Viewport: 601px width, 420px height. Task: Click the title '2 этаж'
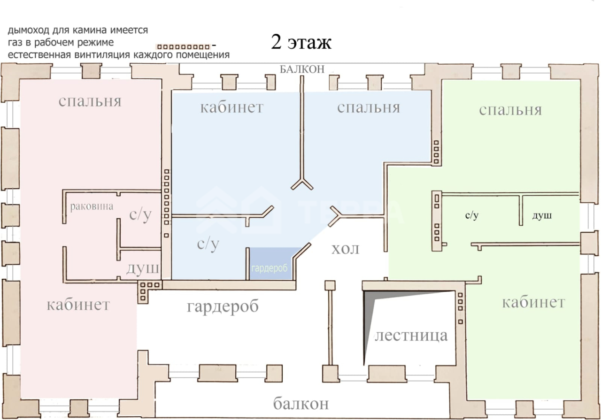301,42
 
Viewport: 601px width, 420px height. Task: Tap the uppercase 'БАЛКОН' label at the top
302,69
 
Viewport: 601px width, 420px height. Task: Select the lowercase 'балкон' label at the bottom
301,404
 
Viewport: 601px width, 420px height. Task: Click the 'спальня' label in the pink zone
90,101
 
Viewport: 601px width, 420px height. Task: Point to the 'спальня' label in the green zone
510,110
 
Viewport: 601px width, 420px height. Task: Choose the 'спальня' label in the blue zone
369,107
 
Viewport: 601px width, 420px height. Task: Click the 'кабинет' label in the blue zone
232,107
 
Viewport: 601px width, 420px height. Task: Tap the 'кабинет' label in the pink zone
78,305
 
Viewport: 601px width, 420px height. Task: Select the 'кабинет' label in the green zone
534,302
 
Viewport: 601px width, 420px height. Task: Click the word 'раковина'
92,206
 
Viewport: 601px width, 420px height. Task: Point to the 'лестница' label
411,335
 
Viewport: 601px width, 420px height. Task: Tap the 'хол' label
345,249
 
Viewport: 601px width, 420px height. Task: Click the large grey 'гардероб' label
223,306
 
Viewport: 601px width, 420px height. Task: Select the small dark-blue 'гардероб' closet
271,263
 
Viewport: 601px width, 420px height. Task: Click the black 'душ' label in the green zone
542,216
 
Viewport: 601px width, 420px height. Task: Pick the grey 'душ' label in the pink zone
142,268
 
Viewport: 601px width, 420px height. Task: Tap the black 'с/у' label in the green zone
472,216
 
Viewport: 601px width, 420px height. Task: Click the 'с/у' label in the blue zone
208,244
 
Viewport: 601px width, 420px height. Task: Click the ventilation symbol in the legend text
184,47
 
